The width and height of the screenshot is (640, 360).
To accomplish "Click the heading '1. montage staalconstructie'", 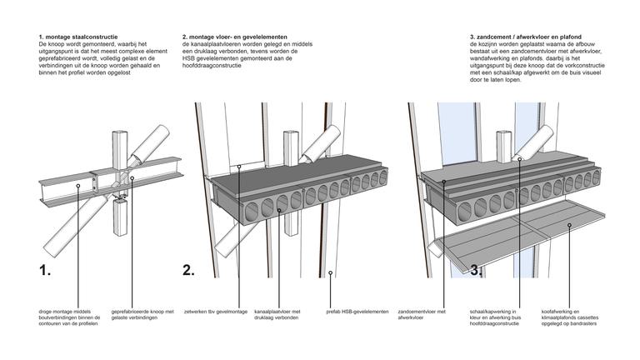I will point(77,38).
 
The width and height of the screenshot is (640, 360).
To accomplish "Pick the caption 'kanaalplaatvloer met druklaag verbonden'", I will point(275,315).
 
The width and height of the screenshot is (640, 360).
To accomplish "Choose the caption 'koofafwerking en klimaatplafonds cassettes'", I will point(570,318).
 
